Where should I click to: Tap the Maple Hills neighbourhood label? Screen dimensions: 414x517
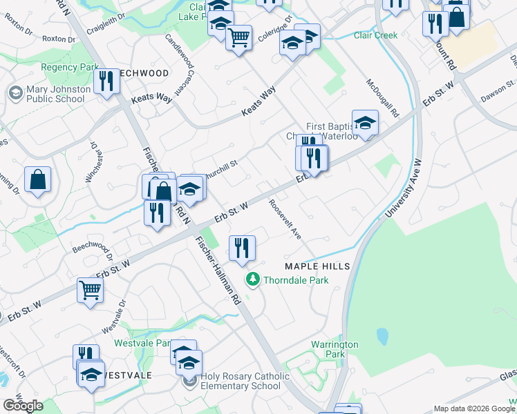tap(318, 266)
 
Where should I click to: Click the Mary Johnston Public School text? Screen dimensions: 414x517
tap(58, 94)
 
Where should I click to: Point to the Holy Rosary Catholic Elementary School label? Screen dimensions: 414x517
tap(241, 382)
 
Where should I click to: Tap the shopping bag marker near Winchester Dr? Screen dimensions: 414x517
tap(38, 181)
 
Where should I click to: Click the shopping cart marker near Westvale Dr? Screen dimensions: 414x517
tap(90, 292)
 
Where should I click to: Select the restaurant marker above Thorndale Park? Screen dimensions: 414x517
tap(241, 249)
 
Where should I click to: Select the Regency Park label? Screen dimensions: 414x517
tap(70, 68)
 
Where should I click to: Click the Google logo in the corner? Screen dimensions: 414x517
tap(23, 406)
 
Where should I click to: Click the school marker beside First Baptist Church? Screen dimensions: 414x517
tap(365, 124)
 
